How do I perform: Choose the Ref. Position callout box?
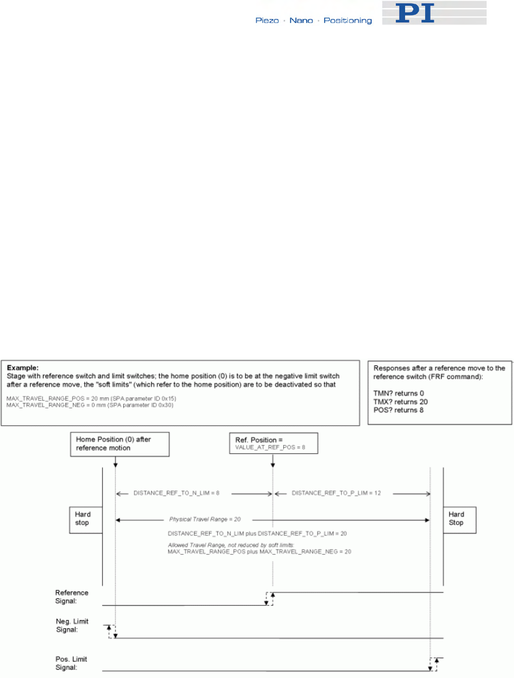(x=273, y=443)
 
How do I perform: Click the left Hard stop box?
(x=83, y=519)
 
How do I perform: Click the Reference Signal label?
(x=72, y=596)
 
